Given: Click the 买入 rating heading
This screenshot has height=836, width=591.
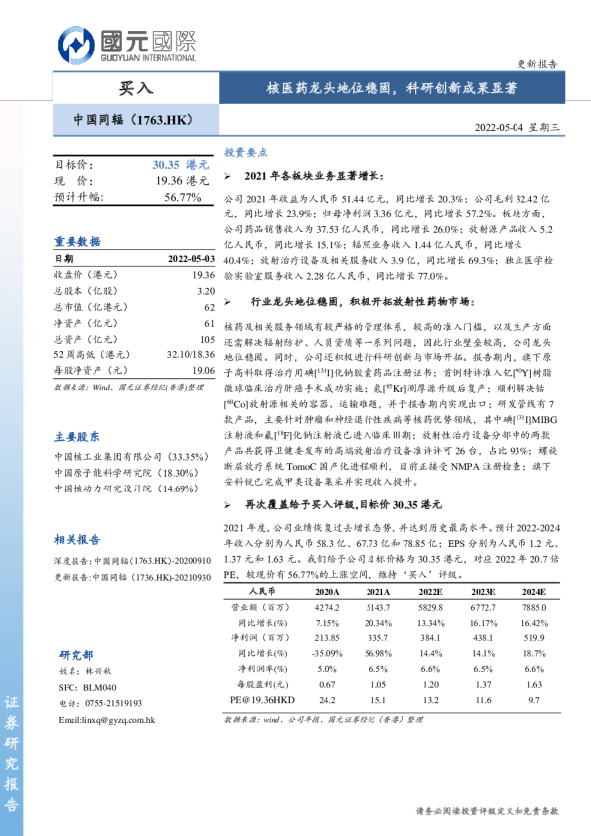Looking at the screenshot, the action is (x=136, y=87).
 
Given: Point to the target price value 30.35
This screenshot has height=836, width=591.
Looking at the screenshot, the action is (x=165, y=165).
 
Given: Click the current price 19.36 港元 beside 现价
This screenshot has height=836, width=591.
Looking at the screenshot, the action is (x=181, y=181).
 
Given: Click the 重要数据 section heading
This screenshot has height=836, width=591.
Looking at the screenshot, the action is (x=77, y=241).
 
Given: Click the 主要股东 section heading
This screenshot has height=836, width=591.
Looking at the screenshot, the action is (x=77, y=435).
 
